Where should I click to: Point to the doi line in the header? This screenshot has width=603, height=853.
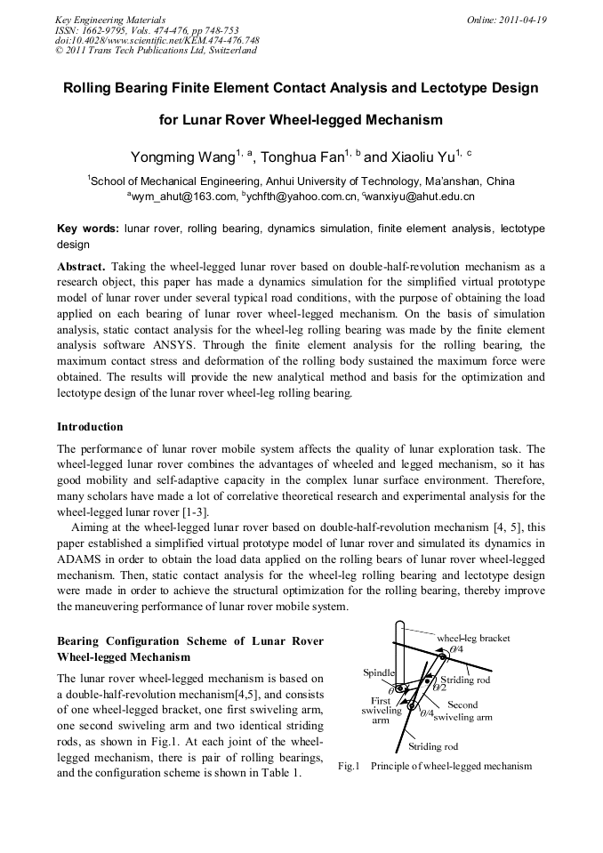tap(157, 40)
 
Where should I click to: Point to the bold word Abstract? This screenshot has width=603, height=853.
tap(81, 266)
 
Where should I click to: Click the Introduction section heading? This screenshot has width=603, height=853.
tap(90, 427)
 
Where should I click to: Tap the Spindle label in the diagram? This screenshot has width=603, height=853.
tap(379, 672)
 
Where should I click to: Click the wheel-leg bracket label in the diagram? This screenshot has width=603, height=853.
tap(473, 638)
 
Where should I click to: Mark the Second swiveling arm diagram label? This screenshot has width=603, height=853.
tap(462, 711)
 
